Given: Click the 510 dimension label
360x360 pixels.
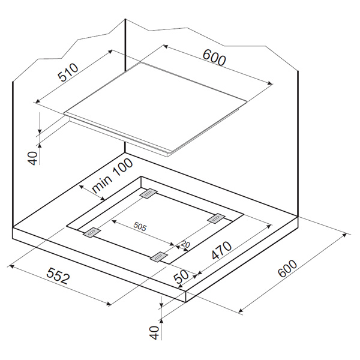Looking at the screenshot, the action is [68, 73].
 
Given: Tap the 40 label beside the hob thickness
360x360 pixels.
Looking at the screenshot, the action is [32, 158].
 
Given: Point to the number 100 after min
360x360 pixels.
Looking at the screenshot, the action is [122, 167].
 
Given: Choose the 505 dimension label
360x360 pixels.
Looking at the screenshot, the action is [140, 227].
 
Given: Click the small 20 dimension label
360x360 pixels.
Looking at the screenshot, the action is [185, 244].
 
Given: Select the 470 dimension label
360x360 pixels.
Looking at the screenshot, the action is [221, 250].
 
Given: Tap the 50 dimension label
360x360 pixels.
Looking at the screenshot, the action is [181, 277].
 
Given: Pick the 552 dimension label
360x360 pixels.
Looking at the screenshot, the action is [58, 276].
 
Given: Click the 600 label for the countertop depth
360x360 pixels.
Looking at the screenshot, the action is [287, 268].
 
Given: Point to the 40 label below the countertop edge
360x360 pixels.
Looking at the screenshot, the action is [155, 332].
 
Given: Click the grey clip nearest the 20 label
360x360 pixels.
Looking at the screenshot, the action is [158, 256].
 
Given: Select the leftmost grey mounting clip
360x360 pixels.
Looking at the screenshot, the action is [92, 232].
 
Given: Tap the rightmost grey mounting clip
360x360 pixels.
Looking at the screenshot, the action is [216, 218].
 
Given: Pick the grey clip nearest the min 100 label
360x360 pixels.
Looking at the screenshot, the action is [149, 193].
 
